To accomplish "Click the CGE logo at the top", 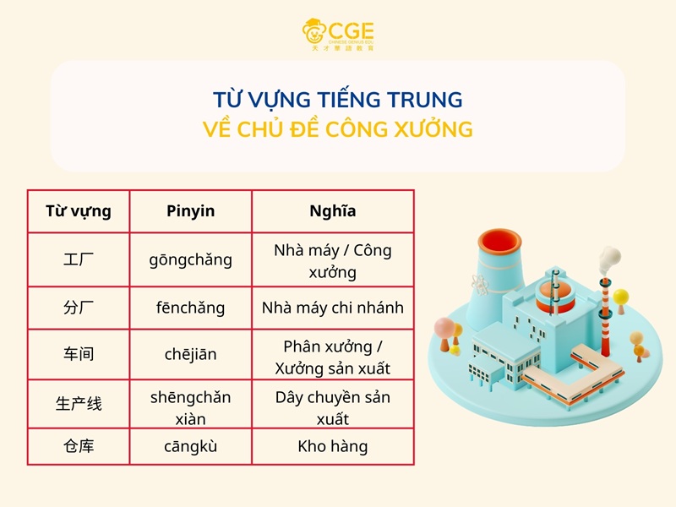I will tap(338, 34).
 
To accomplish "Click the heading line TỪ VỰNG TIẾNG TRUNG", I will tap(338, 100).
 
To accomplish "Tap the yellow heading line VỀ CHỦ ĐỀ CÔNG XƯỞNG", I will tap(338, 130).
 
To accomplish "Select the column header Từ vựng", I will tap(79, 211).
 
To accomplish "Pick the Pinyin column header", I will tap(190, 211).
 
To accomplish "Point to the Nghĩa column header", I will tap(332, 211).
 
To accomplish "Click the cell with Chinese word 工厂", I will tap(79, 259).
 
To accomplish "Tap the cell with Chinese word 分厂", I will tap(79, 308).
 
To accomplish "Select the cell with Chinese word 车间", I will tap(79, 355).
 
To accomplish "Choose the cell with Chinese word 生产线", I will tap(79, 404).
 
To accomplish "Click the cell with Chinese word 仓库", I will tap(79, 446).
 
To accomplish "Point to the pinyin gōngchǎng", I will tap(190, 259).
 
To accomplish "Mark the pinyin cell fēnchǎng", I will tap(190, 308).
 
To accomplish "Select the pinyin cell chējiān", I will tap(190, 355).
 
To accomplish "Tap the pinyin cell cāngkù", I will tap(190, 446).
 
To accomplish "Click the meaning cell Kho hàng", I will tap(332, 446).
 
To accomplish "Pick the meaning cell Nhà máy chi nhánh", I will tap(332, 308).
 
